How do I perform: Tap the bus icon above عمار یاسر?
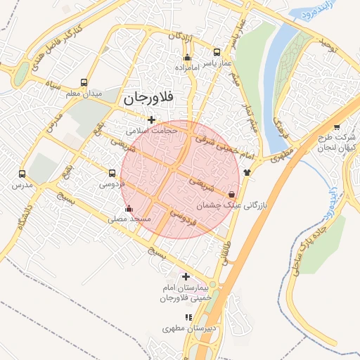(217, 52)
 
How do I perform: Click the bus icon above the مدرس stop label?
(22, 174)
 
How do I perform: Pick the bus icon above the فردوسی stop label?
(112, 173)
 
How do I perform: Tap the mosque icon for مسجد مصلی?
(128, 209)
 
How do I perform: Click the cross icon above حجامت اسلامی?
(151, 120)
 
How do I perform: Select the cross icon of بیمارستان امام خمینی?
(186, 276)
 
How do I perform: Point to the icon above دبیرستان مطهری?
(188, 317)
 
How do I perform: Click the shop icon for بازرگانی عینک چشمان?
(232, 194)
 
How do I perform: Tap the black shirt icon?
(247, 172)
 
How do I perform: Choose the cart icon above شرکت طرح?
(337, 127)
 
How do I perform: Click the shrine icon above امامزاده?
(186, 58)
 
